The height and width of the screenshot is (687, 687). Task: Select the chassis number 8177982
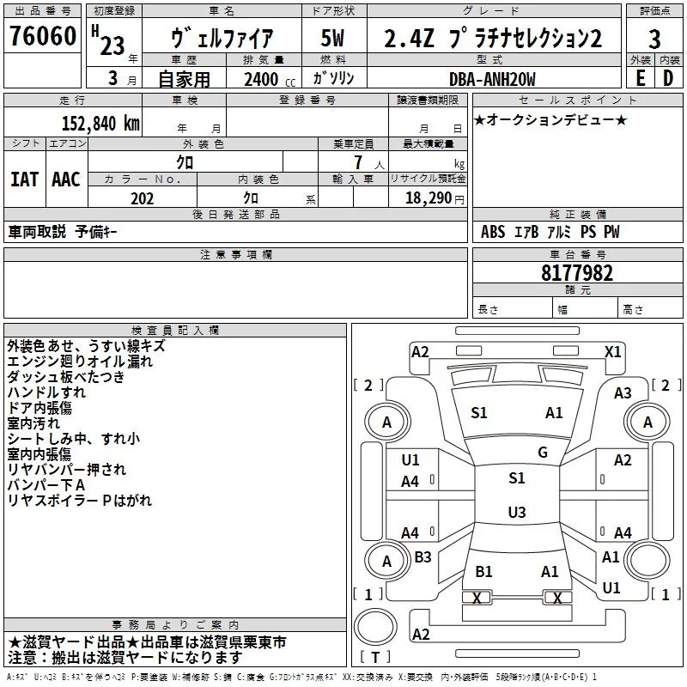click(x=577, y=274)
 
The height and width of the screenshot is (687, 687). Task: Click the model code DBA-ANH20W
click(x=492, y=79)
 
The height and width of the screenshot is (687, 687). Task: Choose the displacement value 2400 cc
click(x=262, y=80)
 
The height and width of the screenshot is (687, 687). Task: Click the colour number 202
click(x=143, y=198)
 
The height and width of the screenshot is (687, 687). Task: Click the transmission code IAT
click(x=24, y=179)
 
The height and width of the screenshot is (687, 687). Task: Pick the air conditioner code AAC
click(x=66, y=179)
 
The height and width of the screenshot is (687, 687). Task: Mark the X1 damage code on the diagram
click(x=613, y=351)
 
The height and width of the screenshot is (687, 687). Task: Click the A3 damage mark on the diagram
click(x=623, y=392)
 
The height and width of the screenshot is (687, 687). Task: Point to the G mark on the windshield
click(x=543, y=453)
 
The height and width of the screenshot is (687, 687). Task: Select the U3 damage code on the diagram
click(x=516, y=513)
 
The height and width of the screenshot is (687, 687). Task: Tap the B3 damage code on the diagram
click(x=423, y=557)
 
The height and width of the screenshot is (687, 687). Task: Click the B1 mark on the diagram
click(x=483, y=571)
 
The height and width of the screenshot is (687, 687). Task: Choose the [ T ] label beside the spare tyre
click(x=375, y=658)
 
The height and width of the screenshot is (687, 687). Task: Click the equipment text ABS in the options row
click(x=493, y=232)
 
